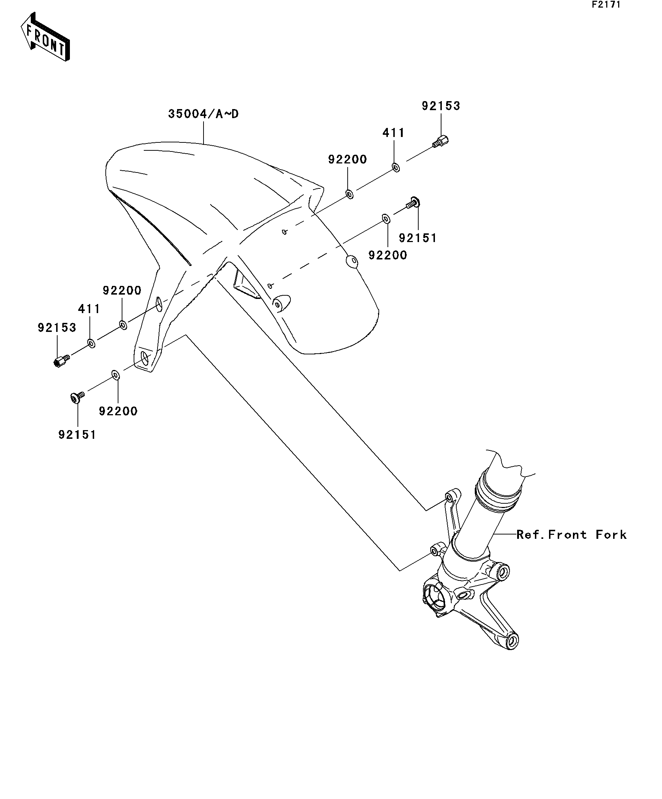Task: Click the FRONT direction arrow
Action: (45, 37)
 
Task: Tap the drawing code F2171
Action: (606, 5)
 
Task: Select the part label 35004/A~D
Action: (204, 114)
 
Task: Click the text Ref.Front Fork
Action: (571, 534)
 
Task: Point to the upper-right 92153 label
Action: (441, 106)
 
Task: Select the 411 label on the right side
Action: (394, 133)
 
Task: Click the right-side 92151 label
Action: (418, 238)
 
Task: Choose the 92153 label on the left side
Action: (57, 327)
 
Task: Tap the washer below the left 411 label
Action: (91, 343)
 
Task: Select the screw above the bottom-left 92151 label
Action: (77, 398)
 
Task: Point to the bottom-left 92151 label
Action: (77, 434)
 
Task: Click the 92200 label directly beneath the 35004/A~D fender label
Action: (348, 159)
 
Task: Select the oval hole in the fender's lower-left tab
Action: (144, 357)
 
